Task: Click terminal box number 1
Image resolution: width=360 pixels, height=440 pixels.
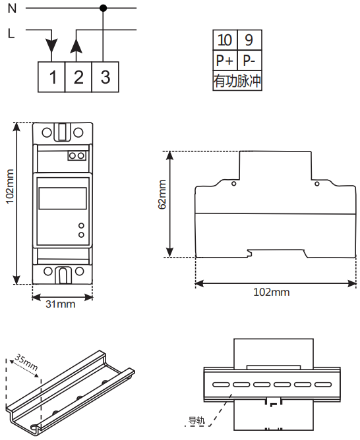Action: click(51, 77)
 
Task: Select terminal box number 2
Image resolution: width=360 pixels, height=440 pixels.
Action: click(78, 77)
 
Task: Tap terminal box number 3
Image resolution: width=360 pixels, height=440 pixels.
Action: click(105, 77)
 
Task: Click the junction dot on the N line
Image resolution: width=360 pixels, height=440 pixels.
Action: click(104, 8)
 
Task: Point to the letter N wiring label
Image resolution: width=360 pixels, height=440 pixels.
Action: click(12, 9)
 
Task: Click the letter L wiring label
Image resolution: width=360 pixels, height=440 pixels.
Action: click(11, 34)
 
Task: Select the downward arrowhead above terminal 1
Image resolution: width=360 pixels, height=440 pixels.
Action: click(51, 46)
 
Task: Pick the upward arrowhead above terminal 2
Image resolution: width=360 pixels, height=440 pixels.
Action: click(76, 46)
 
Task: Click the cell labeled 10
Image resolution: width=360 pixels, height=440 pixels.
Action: click(225, 40)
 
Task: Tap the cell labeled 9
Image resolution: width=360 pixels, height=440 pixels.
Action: click(250, 40)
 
